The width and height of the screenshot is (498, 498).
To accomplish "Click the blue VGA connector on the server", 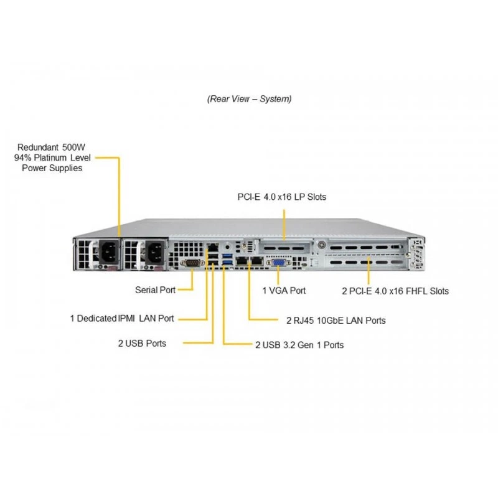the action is [278, 263].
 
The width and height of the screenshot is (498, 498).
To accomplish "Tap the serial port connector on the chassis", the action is [192, 263].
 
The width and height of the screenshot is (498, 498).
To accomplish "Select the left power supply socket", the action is [110, 251].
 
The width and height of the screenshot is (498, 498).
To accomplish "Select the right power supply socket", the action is [155, 251].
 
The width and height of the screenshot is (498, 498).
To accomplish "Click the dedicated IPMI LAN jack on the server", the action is [212, 247].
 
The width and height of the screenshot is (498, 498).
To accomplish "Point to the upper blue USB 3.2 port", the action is [228, 256].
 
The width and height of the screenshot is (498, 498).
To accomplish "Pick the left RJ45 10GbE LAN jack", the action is [242, 261].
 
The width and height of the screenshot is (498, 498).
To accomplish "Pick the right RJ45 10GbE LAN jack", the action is [257, 261].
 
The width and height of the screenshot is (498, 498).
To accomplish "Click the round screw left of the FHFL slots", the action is [321, 245].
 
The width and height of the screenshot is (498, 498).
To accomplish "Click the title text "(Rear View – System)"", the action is [250, 99].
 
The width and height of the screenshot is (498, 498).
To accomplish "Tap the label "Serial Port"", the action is [155, 290].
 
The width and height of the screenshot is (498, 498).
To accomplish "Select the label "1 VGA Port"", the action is [284, 291].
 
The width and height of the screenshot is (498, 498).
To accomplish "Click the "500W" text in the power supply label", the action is [73, 148].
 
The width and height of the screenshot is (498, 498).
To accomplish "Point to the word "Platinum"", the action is [50, 158].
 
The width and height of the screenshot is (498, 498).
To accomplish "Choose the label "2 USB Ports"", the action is [143, 344].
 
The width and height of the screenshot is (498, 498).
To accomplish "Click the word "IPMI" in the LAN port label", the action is [126, 318].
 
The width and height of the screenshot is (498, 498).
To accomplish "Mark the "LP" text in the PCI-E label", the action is [299, 197].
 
